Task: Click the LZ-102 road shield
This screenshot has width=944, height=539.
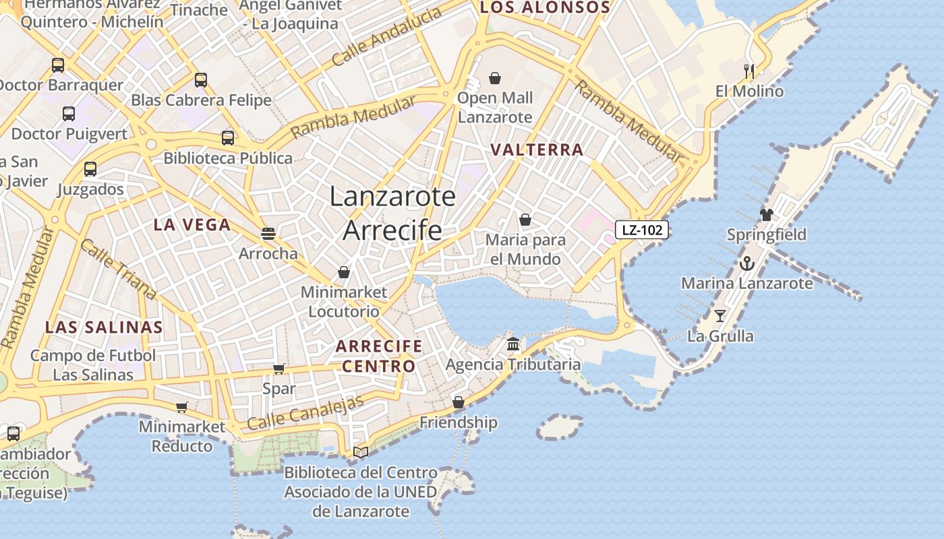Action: [x=641, y=230]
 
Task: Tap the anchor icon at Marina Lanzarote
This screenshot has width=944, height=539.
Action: [x=746, y=263]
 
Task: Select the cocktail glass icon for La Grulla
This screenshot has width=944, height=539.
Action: [x=720, y=315]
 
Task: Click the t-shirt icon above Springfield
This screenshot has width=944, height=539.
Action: [x=766, y=215]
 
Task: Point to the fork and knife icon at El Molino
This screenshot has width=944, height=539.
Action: [x=749, y=71]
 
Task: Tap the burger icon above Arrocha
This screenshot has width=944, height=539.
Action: [x=268, y=234]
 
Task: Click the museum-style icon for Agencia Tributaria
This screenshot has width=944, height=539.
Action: [x=513, y=344]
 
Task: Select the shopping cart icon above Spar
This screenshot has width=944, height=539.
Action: [x=278, y=369]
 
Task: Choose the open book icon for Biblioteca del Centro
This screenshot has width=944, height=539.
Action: [x=361, y=452]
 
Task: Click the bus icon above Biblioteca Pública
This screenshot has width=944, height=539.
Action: [x=228, y=138]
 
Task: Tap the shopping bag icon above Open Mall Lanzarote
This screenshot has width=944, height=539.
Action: [x=495, y=78]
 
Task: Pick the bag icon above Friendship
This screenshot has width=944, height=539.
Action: [x=459, y=402]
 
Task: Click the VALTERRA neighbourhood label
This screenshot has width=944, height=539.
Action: [x=537, y=150]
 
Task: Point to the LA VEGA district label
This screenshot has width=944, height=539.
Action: [x=192, y=225]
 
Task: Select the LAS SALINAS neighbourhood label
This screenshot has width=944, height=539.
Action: [x=104, y=327]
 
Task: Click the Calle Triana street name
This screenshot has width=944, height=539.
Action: [x=118, y=269]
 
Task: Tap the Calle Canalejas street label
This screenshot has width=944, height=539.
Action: [x=305, y=413]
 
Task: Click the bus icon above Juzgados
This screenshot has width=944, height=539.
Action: [x=90, y=169]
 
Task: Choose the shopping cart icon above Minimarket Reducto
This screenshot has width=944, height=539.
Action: [x=181, y=407]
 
